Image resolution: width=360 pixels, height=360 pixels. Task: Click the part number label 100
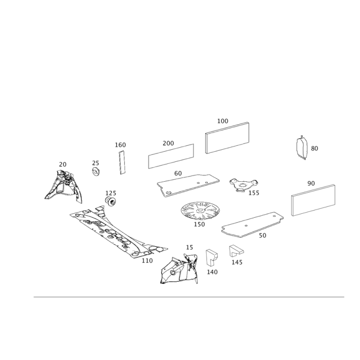point(223,121)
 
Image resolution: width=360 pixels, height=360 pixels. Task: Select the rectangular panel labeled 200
point(171,156)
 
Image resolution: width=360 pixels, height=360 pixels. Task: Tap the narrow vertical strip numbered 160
point(122,162)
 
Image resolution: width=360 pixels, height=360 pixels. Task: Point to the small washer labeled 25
point(96,171)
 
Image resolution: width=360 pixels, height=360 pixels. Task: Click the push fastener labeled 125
point(111,202)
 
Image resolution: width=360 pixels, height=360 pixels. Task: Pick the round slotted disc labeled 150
point(200,211)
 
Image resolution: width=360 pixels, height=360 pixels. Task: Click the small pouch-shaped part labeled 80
point(302,148)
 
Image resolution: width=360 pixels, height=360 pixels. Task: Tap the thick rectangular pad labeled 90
point(313,200)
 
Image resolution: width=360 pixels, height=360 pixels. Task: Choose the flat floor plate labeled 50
point(252,225)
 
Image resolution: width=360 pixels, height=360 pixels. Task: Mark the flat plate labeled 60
point(188,185)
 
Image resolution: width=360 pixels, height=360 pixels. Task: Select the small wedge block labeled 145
point(236,251)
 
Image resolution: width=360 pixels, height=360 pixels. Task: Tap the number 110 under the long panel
point(147,261)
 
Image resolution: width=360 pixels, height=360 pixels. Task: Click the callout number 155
point(254,193)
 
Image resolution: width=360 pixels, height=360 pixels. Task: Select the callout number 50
point(262,235)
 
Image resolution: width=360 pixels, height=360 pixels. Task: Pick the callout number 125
point(111,193)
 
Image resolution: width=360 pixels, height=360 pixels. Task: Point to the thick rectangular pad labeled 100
point(227,138)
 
